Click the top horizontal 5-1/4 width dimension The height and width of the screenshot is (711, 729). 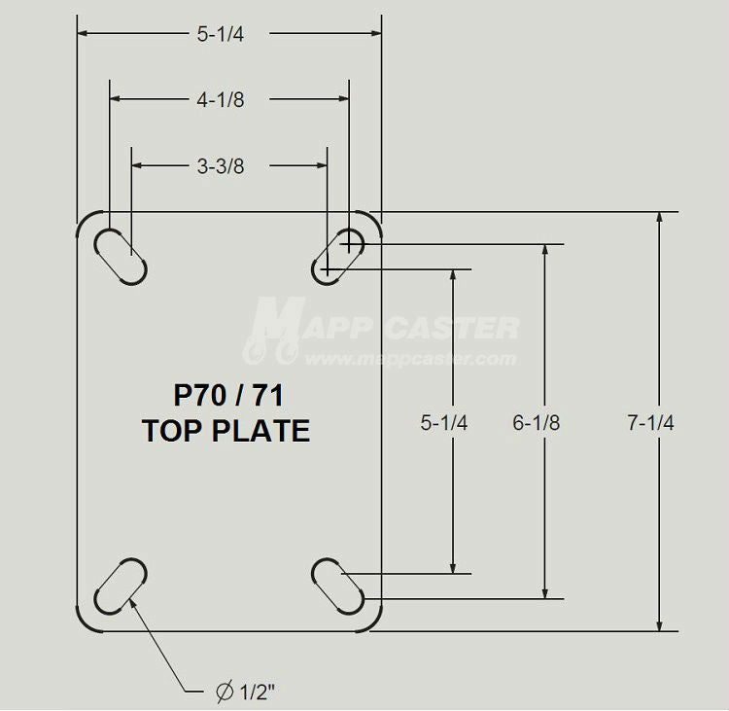[x=220, y=34]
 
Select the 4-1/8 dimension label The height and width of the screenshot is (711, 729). [x=220, y=99]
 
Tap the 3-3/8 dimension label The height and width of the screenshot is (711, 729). [x=220, y=165]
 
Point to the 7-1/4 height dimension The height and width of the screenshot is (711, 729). [x=651, y=422]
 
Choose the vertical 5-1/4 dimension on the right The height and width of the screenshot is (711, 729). [x=444, y=422]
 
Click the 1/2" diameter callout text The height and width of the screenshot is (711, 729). [x=258, y=692]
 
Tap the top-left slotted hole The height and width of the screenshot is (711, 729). [x=121, y=255]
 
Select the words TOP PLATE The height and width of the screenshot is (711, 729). [x=226, y=430]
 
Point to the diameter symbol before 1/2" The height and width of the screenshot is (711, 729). [x=224, y=692]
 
